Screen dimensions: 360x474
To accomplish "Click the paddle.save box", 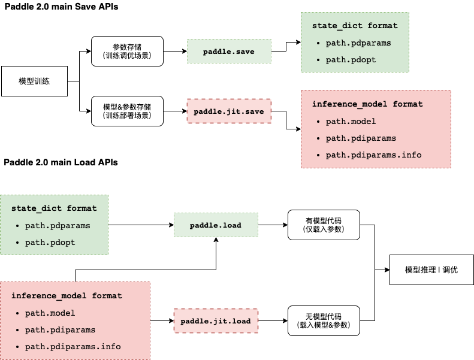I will [x=229, y=52].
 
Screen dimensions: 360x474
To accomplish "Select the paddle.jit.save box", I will [x=229, y=111].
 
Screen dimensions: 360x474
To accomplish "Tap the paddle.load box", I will [x=216, y=225].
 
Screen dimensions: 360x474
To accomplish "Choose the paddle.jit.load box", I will [x=216, y=321].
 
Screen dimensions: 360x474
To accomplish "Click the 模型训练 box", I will [x=34, y=81].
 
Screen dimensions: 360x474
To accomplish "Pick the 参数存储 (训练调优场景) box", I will [x=126, y=51].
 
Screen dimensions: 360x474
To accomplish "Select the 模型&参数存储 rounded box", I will [x=126, y=111].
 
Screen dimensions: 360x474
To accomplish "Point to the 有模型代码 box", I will [x=323, y=225].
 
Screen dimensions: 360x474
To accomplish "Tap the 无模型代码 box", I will [x=323, y=321].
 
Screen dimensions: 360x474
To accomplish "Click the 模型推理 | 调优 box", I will [x=431, y=270].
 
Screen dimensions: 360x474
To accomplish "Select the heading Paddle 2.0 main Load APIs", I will [x=61, y=162].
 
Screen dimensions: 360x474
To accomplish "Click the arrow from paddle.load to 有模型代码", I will [x=273, y=225].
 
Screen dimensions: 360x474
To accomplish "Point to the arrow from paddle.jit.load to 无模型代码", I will [x=273, y=321].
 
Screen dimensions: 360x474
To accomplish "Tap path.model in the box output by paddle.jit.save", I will [x=351, y=121].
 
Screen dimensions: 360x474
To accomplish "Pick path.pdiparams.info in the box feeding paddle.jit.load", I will [x=73, y=346].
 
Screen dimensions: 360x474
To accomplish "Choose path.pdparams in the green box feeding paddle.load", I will [x=58, y=226].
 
